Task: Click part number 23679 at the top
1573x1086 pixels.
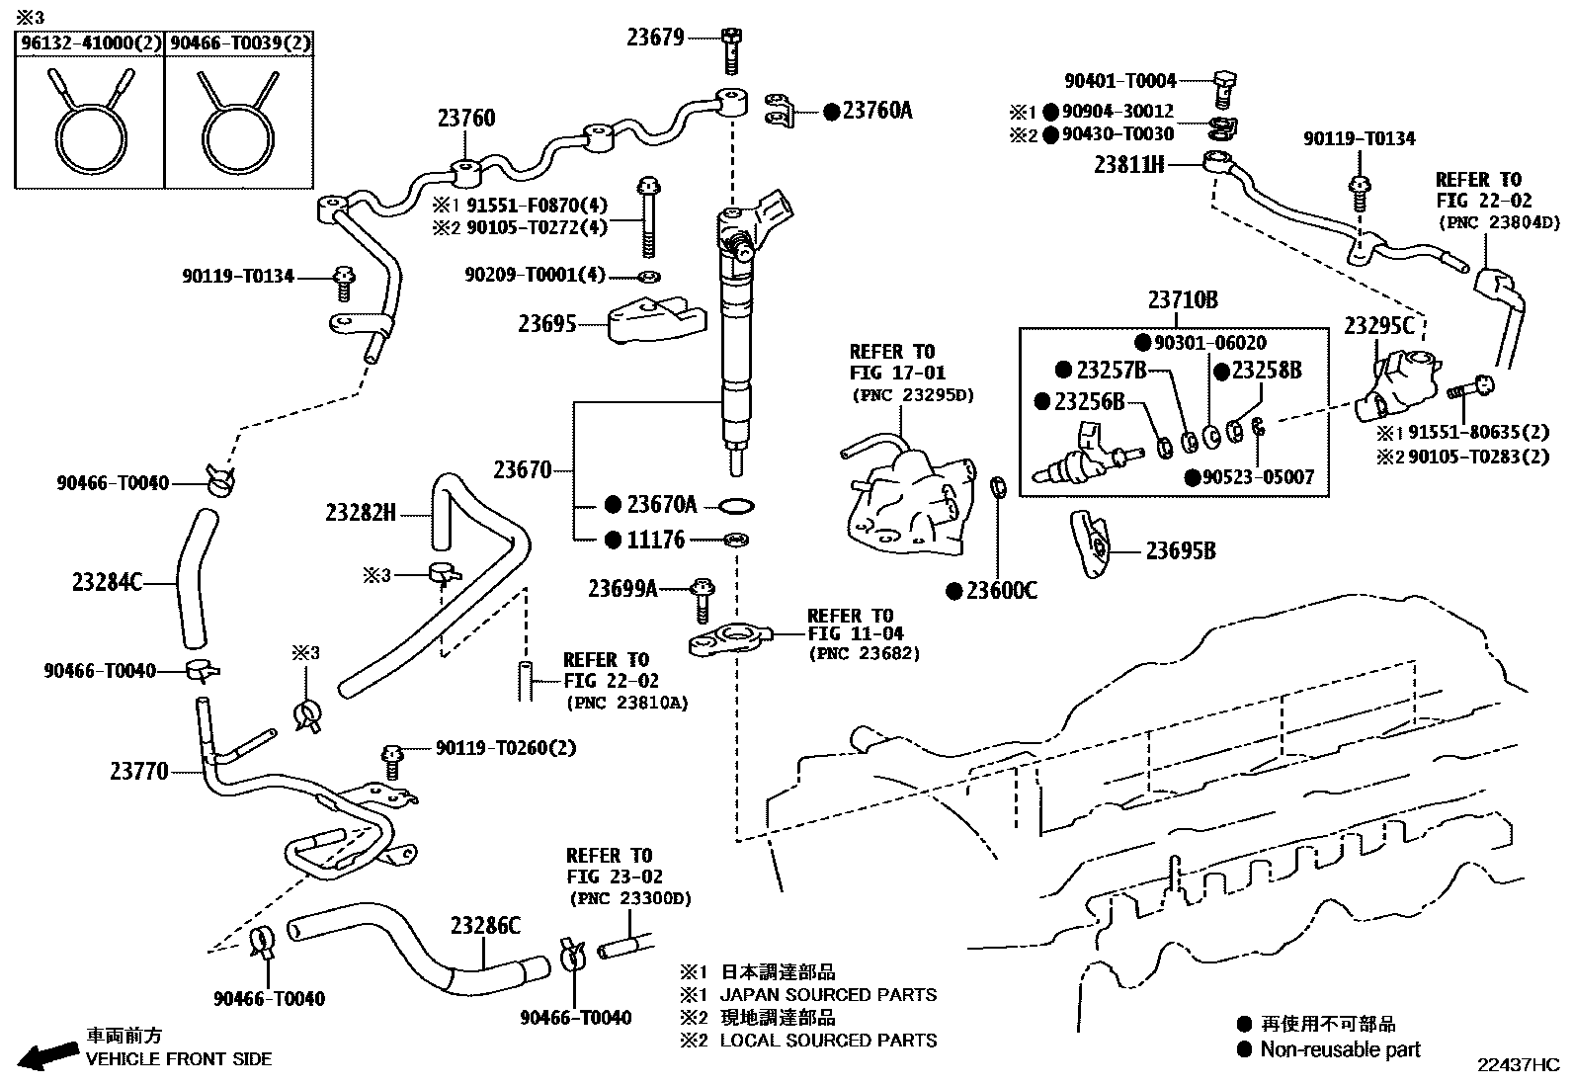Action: point(654,38)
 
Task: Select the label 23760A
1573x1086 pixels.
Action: point(876,111)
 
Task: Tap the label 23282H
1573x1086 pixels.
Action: point(361,513)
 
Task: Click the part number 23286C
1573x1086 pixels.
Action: point(485,926)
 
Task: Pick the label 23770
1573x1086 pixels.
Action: point(138,771)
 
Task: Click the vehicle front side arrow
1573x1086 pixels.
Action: point(49,1055)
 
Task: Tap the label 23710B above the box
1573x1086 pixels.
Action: point(1183,300)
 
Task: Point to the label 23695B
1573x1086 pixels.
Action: point(1180,551)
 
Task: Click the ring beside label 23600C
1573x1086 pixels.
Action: point(999,487)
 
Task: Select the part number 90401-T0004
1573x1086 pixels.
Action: point(1120,81)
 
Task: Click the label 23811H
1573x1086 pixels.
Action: point(1128,164)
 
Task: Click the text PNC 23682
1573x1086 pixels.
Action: point(864,654)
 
